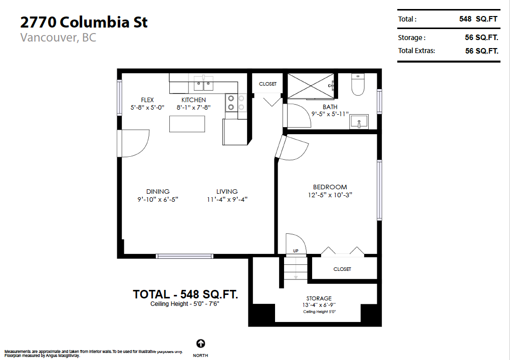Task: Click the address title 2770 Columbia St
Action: [x=84, y=22]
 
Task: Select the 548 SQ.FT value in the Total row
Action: [x=478, y=19]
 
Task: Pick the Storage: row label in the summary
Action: [x=412, y=38]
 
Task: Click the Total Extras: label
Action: [x=416, y=51]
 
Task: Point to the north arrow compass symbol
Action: [x=200, y=343]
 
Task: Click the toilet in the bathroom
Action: [x=358, y=85]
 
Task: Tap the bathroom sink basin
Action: [x=358, y=121]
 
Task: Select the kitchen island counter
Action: [x=187, y=124]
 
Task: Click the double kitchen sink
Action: [x=203, y=82]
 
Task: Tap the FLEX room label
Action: [x=147, y=100]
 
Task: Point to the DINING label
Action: [x=158, y=191]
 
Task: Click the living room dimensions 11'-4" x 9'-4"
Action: [x=227, y=199]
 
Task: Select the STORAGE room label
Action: [x=319, y=298]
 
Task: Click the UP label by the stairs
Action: [x=296, y=250]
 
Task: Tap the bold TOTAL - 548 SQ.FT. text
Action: [x=185, y=294]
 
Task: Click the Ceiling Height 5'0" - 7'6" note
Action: [x=185, y=304]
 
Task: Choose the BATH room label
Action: [x=330, y=107]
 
